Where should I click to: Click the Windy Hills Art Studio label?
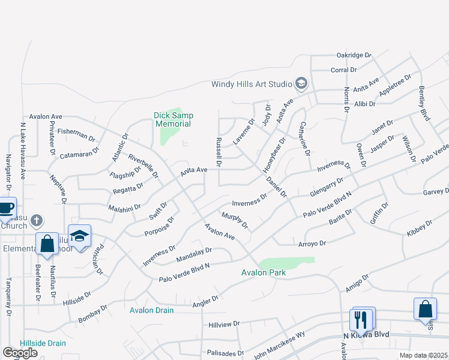252,84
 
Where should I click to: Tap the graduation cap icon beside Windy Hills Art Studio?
301,83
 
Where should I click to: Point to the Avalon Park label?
263,273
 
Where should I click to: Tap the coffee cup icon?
5,208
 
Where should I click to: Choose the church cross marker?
36,221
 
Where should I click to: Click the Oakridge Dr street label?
354,55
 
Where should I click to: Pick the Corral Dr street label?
344,70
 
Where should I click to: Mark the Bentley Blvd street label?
424,105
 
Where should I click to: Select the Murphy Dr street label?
234,220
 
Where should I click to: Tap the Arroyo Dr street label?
312,244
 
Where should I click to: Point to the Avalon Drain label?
151,310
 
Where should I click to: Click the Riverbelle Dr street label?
143,166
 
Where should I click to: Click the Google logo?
20,353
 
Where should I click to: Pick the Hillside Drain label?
42,343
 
